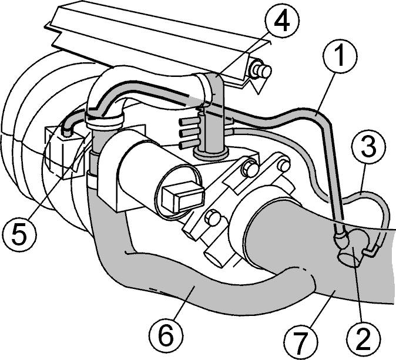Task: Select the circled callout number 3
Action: [x=369, y=147]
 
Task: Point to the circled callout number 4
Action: [x=282, y=21]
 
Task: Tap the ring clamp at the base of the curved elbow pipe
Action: [x=103, y=120]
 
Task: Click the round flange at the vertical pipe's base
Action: [x=211, y=153]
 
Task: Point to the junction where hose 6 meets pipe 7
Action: [x=312, y=280]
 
